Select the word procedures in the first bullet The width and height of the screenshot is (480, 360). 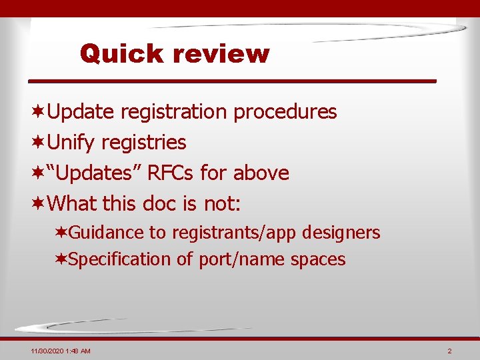click(285, 112)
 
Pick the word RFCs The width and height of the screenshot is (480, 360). click(171, 173)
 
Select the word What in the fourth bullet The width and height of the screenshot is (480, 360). click(73, 203)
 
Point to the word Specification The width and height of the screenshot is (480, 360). click(119, 259)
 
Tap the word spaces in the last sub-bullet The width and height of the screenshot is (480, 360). click(318, 259)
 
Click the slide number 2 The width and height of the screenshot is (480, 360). click(450, 351)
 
